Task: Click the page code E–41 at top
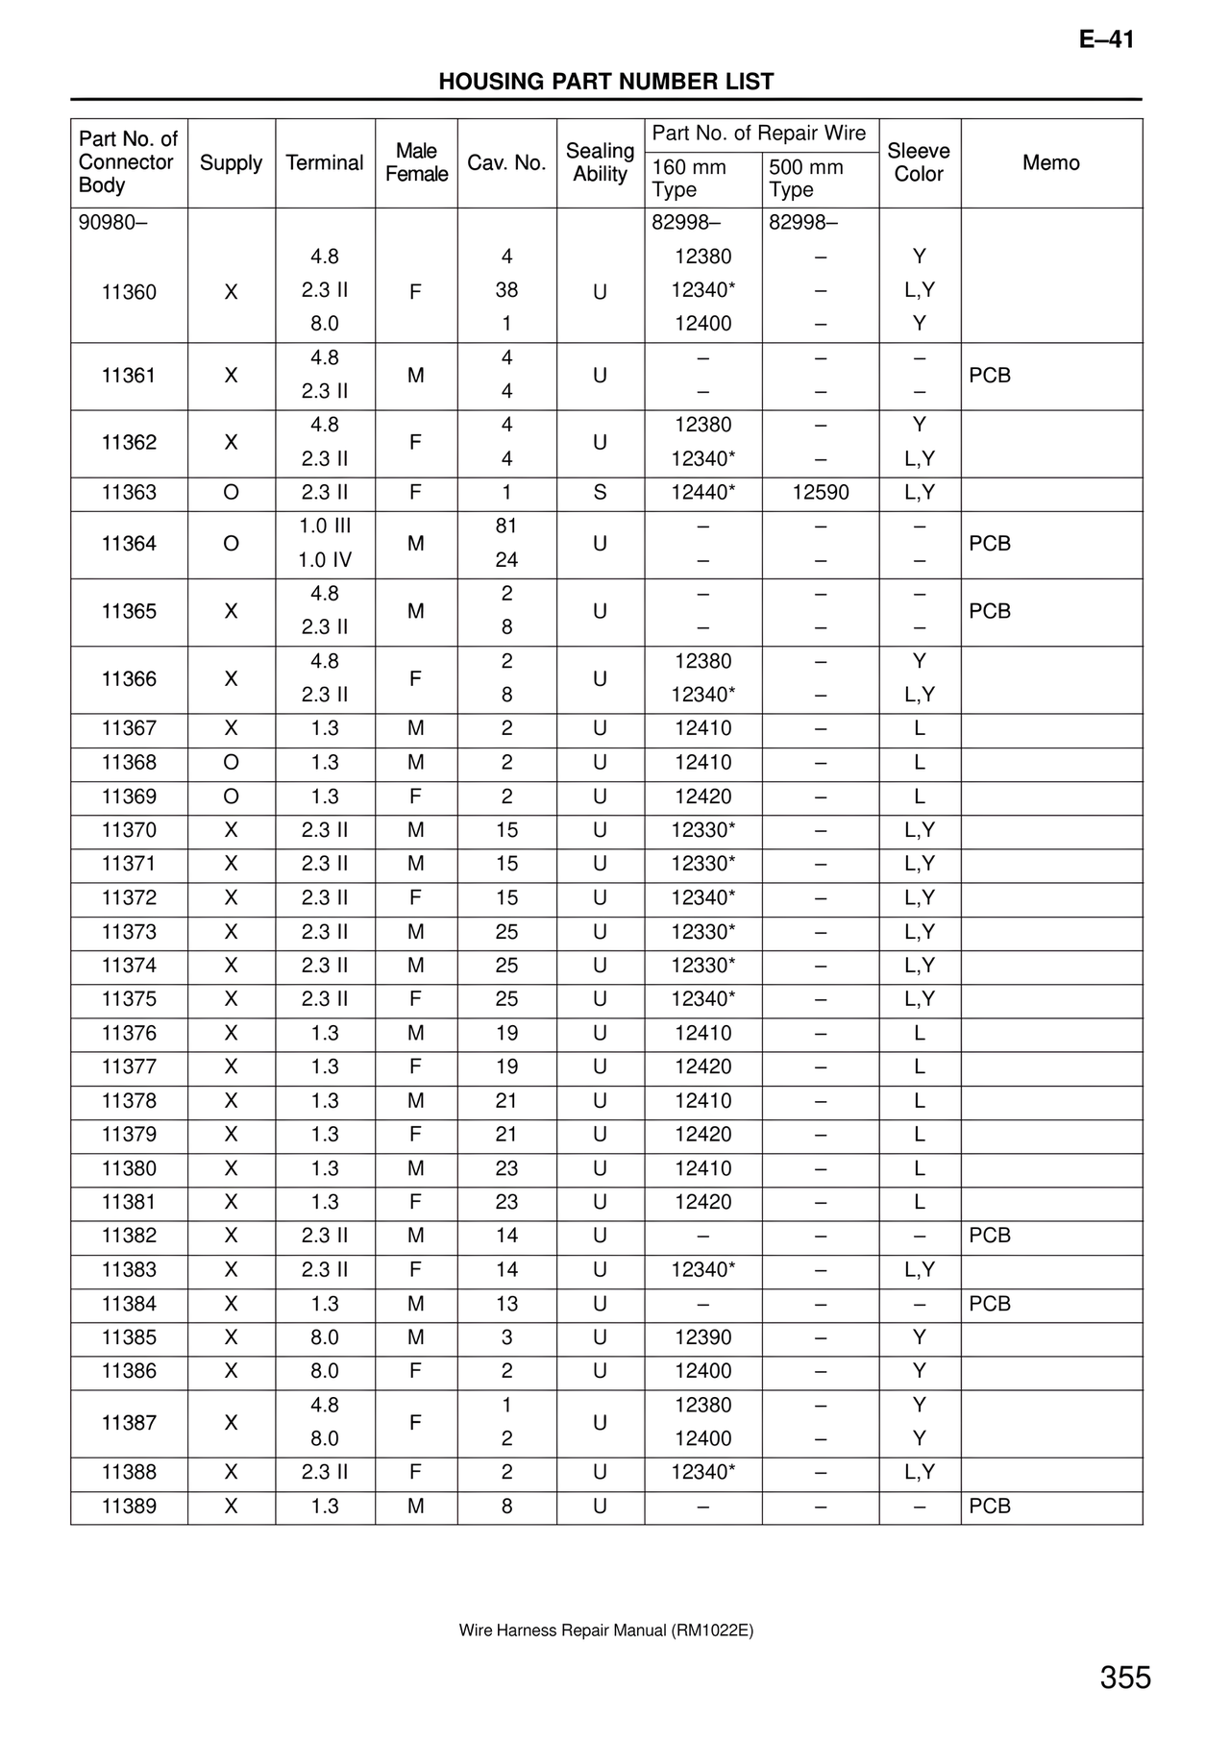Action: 1106,39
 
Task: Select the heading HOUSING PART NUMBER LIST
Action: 605,82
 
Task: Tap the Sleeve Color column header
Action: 919,162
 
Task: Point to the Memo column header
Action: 1050,162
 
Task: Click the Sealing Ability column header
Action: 600,162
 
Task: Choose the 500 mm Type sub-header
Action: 805,179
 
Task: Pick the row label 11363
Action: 129,493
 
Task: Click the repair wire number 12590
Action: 820,493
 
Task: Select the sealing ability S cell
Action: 600,493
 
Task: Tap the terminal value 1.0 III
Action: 325,527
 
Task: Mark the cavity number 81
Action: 506,527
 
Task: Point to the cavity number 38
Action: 506,290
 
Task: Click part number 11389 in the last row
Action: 129,1507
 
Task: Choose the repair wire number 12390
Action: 702,1337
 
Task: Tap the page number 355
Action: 1125,1678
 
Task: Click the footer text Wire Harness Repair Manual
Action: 605,1630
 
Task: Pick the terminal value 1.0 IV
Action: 325,560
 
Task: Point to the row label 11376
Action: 129,1033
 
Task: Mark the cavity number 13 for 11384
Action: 506,1304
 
